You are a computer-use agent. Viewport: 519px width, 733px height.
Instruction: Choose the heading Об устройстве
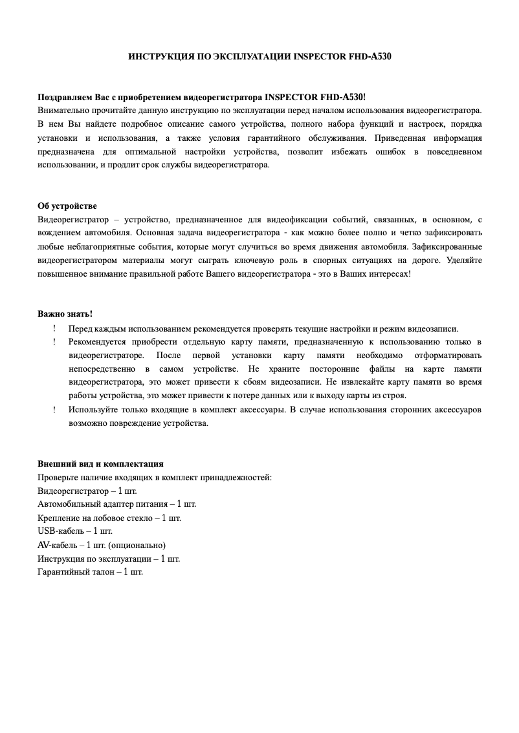point(67,206)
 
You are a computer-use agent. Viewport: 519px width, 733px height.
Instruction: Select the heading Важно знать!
point(65,314)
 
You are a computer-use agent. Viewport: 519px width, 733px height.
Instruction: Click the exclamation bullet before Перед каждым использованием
point(54,328)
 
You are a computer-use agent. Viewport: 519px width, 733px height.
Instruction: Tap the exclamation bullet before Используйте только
point(54,409)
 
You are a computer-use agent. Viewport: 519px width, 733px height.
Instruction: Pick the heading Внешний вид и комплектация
point(100,463)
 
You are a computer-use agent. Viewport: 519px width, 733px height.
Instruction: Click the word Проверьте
point(59,477)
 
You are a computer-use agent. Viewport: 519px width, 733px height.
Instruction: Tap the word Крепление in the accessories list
point(60,518)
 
